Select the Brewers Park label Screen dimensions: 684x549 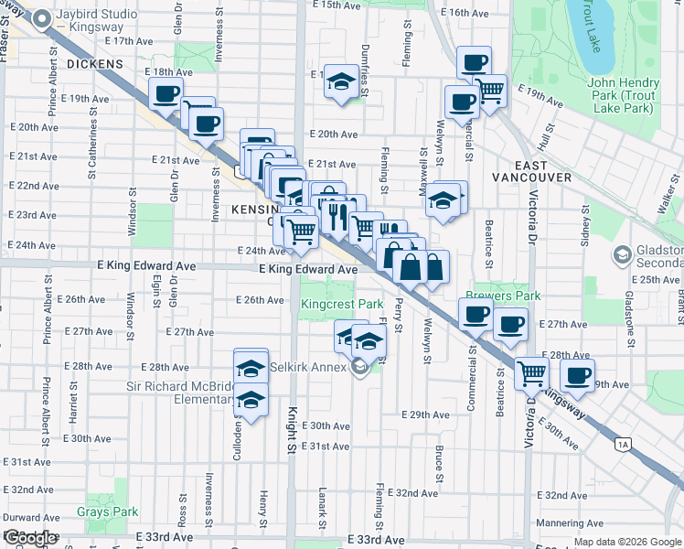(x=502, y=296)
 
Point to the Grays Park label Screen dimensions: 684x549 (x=107, y=512)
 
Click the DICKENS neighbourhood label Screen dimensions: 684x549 (x=94, y=63)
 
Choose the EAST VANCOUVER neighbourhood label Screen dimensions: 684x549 (x=531, y=177)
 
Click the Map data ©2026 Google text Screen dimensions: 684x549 (x=627, y=542)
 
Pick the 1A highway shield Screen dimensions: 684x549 (x=623, y=445)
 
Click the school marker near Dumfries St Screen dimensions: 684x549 (x=341, y=81)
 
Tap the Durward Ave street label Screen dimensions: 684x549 (x=32, y=517)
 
